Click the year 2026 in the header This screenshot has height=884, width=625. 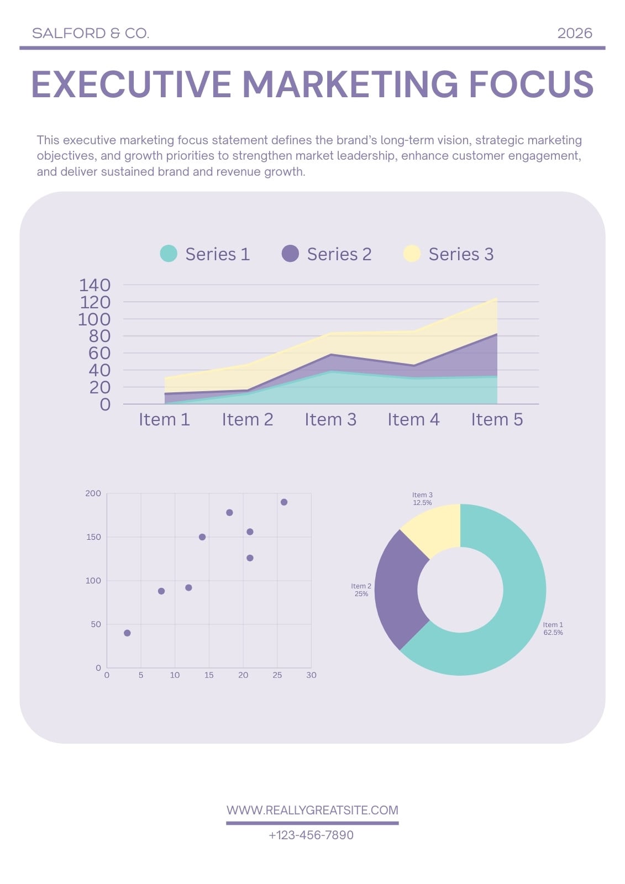coord(575,33)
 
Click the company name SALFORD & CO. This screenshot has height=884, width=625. coord(91,33)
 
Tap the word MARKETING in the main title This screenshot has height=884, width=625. coord(350,84)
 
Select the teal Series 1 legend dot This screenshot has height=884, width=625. coord(169,254)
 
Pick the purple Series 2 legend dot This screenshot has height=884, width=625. coord(290,254)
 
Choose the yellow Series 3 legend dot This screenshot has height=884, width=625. coord(412,254)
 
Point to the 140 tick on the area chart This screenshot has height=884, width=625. coord(94,285)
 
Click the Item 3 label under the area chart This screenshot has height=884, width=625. coord(330,419)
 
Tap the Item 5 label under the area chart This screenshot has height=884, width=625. coord(497,419)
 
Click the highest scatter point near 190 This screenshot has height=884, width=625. coord(284,502)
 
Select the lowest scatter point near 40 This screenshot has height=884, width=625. coord(127,633)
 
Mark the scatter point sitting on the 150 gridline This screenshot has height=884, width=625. coord(202,537)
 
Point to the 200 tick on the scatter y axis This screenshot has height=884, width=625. coord(93,493)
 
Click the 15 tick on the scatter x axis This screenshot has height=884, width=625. coord(209,675)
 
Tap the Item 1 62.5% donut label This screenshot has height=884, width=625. coord(553,629)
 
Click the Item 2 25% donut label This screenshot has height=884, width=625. coord(361,590)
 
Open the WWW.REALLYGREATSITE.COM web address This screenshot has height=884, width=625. coord(312,810)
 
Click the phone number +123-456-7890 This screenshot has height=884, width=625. coord(311,835)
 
